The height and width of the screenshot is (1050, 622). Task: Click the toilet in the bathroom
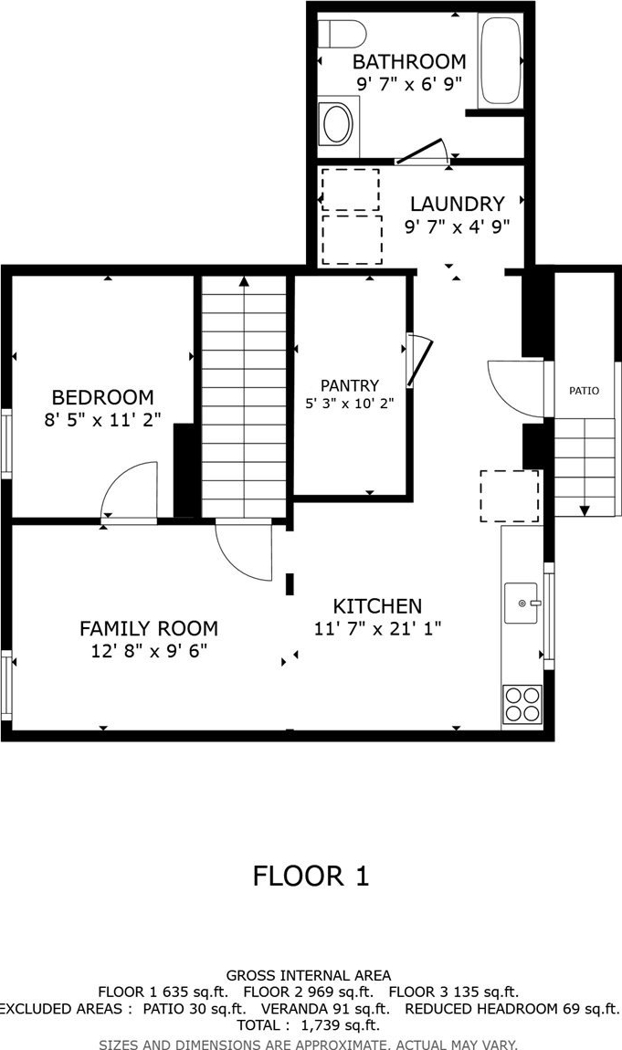(342, 34)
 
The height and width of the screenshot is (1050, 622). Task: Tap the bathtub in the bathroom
(501, 60)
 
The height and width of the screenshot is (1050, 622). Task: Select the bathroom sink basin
(337, 123)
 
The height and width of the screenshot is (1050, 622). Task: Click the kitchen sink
(522, 603)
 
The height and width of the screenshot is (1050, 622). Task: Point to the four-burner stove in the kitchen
(522, 704)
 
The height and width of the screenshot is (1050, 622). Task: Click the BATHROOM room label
(409, 61)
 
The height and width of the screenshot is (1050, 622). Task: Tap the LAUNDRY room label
(458, 204)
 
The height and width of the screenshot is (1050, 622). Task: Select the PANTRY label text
(350, 385)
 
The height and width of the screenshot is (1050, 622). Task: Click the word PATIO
(584, 391)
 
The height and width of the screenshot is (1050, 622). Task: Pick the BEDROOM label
(102, 397)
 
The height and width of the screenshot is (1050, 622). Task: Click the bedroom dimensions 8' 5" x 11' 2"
(102, 421)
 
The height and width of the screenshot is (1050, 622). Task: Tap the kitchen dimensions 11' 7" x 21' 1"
(377, 629)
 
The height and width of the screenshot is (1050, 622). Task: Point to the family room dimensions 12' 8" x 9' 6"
(149, 650)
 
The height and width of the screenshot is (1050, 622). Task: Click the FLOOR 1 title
(311, 876)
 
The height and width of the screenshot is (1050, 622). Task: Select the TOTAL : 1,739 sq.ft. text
(308, 1024)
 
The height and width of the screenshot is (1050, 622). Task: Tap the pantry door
(420, 361)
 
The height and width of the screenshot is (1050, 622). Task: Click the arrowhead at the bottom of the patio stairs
(585, 511)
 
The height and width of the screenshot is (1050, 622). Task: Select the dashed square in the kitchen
(510, 496)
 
